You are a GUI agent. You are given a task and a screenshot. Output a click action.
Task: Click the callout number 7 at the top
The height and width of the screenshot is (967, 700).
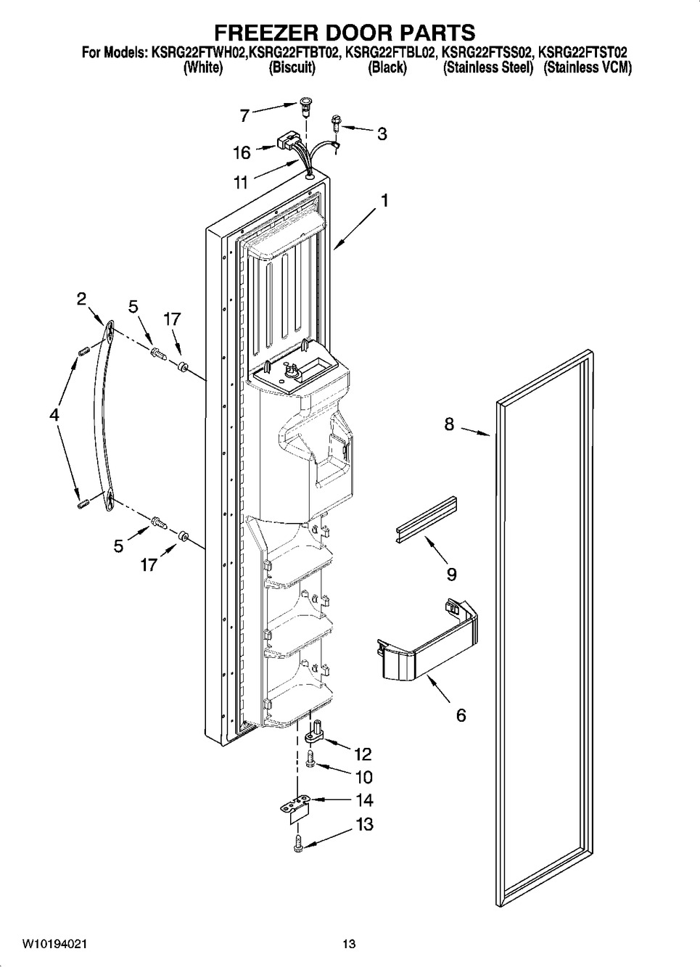[244, 115]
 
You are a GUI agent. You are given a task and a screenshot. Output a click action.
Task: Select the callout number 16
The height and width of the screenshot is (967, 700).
[242, 152]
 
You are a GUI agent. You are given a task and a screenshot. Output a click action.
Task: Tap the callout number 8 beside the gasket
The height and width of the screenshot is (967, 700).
[450, 424]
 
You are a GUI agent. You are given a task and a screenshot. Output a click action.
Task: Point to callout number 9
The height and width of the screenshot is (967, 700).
[452, 575]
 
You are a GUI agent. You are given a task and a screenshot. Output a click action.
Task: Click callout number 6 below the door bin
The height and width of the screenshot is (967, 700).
[461, 715]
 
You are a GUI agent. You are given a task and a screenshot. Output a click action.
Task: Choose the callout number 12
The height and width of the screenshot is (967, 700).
[363, 754]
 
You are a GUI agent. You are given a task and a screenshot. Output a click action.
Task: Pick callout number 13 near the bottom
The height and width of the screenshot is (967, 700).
[364, 824]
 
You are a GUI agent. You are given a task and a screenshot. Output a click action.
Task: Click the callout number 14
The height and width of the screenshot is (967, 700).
[364, 800]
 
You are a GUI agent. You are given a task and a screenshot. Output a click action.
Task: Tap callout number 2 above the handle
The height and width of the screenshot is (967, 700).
[81, 299]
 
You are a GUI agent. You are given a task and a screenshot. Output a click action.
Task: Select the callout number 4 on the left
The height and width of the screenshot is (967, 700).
[53, 415]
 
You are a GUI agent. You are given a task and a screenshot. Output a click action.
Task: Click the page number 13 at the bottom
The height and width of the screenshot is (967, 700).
[349, 944]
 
